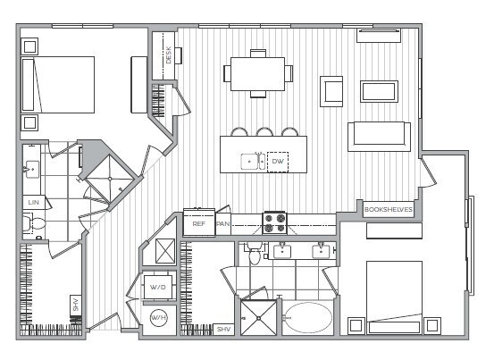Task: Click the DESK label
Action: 168,54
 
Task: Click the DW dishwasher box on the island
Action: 278,162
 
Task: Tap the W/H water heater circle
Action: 158,318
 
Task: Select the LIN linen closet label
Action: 33,203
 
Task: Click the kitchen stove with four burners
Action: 273,222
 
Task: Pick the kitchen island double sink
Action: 253,162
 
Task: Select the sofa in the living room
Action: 380,134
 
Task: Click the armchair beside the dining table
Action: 332,90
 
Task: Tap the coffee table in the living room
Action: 379,91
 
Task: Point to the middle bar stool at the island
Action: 264,133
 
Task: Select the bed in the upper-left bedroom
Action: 58,85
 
